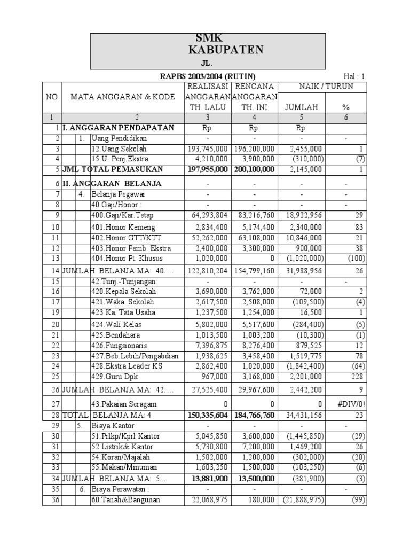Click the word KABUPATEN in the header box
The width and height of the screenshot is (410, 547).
click(226, 50)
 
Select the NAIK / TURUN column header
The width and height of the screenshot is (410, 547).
click(326, 87)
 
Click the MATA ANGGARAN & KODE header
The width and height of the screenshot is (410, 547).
click(123, 97)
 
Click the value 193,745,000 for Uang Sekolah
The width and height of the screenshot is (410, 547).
click(208, 149)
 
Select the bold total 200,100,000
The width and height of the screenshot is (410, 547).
click(254, 169)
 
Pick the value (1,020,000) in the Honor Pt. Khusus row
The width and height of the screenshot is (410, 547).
click(301, 259)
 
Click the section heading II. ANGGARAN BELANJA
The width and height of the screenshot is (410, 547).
click(113, 184)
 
